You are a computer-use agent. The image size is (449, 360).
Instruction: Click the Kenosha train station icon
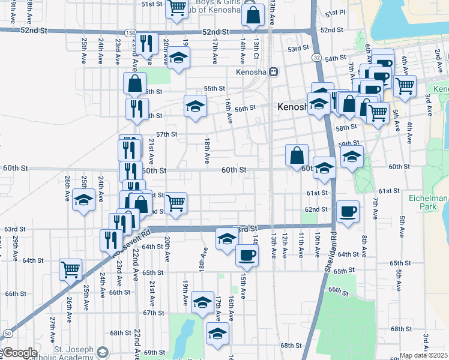click(x=273, y=71)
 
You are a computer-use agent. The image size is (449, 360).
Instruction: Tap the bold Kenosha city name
click(x=292, y=107)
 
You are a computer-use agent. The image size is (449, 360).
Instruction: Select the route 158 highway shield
click(x=130, y=32)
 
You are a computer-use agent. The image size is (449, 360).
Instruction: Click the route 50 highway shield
click(x=8, y=333)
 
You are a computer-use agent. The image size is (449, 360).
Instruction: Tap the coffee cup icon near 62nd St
click(x=348, y=211)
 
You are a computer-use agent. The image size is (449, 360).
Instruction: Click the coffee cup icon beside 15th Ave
click(x=247, y=255)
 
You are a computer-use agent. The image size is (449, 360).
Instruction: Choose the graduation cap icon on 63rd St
click(x=226, y=238)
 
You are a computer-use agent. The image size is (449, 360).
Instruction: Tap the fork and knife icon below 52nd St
click(x=145, y=43)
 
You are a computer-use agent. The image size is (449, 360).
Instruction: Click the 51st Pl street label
click(x=335, y=13)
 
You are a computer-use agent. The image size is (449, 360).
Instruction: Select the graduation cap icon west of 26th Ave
click(x=83, y=199)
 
